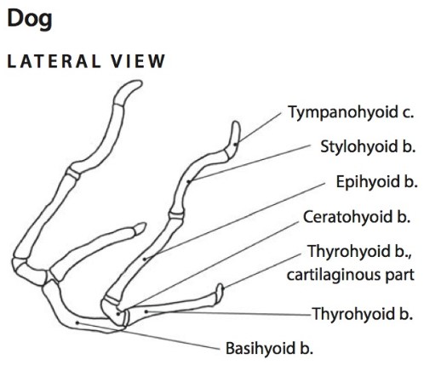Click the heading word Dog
[x=30, y=20]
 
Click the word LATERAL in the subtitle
[x=54, y=61]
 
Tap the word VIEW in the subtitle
[x=138, y=61]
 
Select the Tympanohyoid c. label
[x=351, y=112]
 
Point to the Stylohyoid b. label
[x=368, y=146]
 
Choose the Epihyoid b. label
[x=376, y=181]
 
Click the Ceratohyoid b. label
[x=357, y=217]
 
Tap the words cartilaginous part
[x=351, y=275]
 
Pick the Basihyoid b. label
[x=269, y=348]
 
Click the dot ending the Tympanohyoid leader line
[x=235, y=145]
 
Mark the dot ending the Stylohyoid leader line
[x=188, y=181]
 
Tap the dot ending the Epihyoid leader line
[x=145, y=259]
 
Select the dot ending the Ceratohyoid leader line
[x=118, y=314]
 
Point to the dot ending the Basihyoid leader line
[x=77, y=322]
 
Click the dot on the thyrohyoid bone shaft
[x=146, y=311]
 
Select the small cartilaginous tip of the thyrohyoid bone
[x=220, y=292]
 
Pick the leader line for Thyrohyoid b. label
[x=229, y=313]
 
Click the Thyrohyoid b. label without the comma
[x=363, y=314]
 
